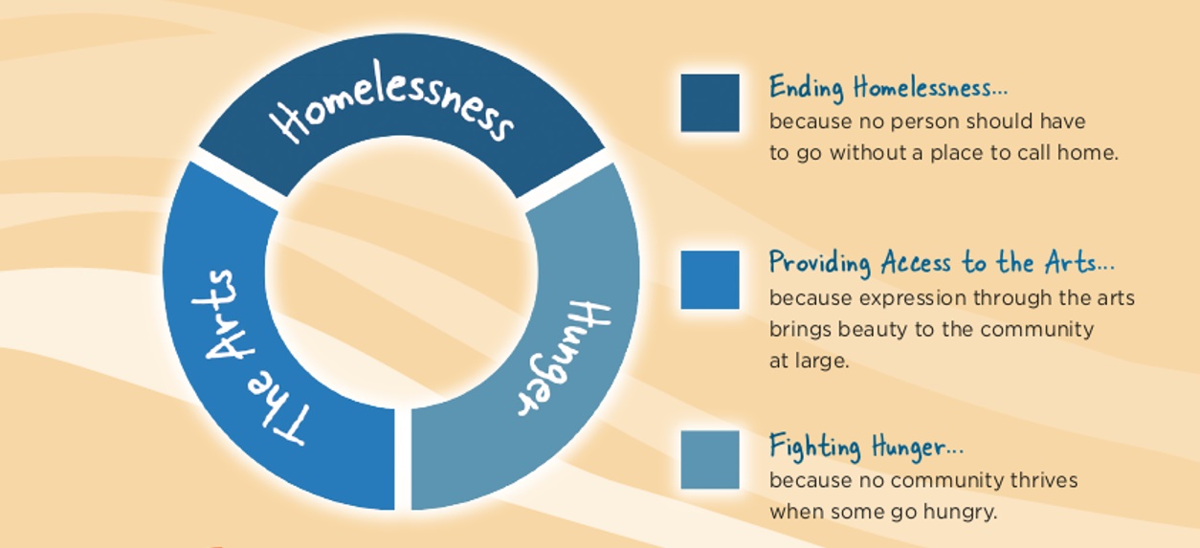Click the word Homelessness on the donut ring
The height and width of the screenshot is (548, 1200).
tap(392, 101)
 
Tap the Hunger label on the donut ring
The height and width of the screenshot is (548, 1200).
tap(562, 359)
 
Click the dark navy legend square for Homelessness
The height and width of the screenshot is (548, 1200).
tap(710, 102)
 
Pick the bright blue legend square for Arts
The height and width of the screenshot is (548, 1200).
tap(710, 280)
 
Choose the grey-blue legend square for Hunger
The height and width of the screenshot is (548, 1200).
tap(710, 460)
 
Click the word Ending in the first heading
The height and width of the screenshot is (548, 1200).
tap(807, 88)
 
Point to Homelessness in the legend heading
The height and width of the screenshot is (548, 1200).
tap(930, 87)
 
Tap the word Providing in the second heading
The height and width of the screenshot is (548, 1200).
tap(820, 263)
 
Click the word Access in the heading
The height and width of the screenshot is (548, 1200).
tap(917, 263)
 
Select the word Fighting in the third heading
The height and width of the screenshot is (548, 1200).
tap(815, 447)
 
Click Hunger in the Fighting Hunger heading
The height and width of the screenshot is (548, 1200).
tap(918, 447)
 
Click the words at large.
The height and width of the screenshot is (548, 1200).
tap(810, 362)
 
